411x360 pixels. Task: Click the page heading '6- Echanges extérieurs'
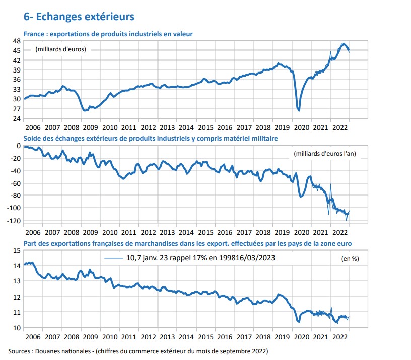(79, 16)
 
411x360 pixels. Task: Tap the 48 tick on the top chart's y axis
(17, 41)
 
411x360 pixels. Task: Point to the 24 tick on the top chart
(17, 118)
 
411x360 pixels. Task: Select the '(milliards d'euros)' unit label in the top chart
(60, 49)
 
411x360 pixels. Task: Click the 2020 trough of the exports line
(299, 110)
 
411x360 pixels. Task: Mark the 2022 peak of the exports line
(344, 44)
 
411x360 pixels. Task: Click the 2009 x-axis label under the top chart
(91, 128)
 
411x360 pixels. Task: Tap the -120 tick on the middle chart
(14, 221)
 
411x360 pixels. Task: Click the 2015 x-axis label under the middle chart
(206, 233)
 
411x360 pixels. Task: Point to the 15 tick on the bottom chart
(17, 250)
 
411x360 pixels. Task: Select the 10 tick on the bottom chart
(17, 328)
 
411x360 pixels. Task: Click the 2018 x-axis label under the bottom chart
(263, 337)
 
